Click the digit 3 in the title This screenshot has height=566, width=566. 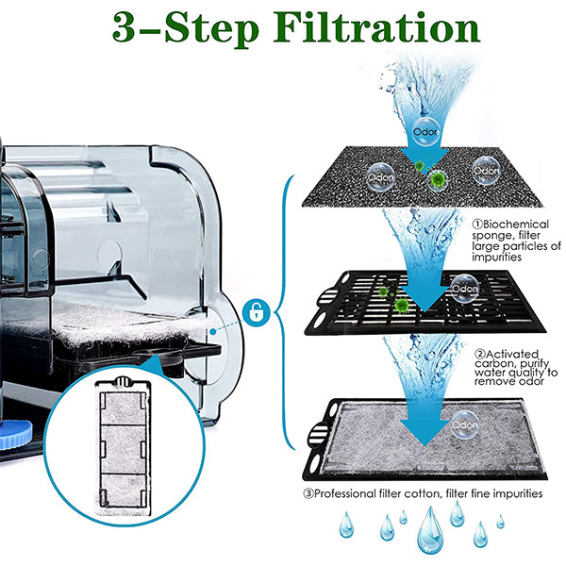click(x=125, y=27)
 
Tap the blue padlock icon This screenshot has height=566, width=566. click(x=257, y=312)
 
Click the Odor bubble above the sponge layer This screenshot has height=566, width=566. click(x=425, y=131)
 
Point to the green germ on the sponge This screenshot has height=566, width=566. click(x=438, y=178)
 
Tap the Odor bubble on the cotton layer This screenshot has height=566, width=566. click(x=465, y=424)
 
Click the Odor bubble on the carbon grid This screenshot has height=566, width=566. click(x=465, y=288)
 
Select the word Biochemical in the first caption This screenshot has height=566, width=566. click(x=515, y=225)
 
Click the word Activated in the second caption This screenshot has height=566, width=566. click(x=512, y=354)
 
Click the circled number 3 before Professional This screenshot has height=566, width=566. click(x=308, y=493)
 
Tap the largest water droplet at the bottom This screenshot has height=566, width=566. click(x=429, y=530)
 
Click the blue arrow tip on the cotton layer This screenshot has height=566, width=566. click(x=425, y=444)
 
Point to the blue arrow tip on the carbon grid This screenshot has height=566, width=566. click(x=424, y=311)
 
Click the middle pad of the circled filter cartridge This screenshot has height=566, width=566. click(x=123, y=449)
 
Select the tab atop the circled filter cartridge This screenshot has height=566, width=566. click(x=122, y=381)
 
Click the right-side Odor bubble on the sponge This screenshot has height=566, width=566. click(x=486, y=171)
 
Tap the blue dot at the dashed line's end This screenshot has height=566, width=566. click(x=213, y=331)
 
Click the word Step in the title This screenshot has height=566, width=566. click(x=212, y=29)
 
